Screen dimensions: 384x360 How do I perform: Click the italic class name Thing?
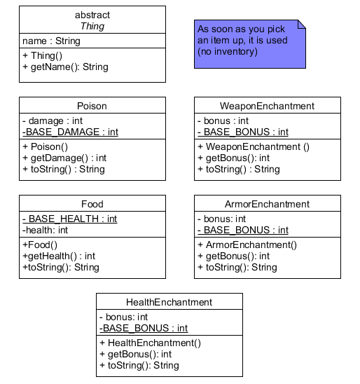92,27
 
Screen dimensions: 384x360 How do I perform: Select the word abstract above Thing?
92,15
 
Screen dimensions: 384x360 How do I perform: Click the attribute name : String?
51,41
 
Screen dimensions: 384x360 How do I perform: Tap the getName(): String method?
65,67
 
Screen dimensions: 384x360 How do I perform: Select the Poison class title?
92,107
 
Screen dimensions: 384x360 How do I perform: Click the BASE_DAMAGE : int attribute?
70,132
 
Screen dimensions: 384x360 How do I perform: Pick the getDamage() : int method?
64,158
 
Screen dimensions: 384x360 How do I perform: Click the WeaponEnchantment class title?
268,107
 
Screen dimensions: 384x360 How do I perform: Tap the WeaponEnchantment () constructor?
254,147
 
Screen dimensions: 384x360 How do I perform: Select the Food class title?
92,205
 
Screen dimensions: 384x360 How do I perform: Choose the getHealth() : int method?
59,256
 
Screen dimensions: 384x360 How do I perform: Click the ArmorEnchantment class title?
268,205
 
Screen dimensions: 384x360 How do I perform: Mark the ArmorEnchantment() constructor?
247,245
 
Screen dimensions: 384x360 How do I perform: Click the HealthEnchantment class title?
169,303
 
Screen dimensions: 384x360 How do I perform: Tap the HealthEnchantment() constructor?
150,343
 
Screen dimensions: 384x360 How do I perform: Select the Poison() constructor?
45,147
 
